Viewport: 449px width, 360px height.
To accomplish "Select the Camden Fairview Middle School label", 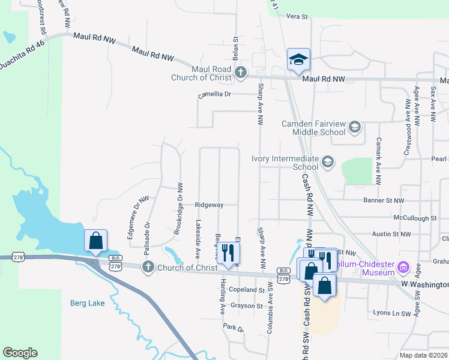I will tap(314, 128).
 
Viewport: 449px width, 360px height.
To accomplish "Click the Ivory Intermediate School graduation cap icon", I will tap(328, 161).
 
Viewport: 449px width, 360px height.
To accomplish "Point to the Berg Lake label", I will tap(87, 303).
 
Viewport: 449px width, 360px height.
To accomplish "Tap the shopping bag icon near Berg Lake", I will tap(96, 241).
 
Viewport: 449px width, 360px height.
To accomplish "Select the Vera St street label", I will tap(297, 16).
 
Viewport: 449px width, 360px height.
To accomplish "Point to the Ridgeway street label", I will tap(208, 205).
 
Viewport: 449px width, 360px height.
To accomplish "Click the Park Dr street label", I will tap(233, 328).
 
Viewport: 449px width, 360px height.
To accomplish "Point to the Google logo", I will tap(20, 353).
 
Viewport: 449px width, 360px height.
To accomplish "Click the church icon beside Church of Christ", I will tap(147, 267).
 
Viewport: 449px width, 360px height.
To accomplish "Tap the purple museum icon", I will tap(403, 266).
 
